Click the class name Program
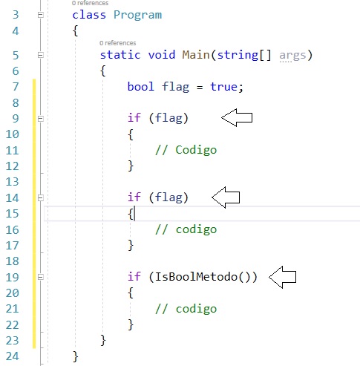click(x=137, y=16)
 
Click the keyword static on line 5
click(x=120, y=55)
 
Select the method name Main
click(x=196, y=55)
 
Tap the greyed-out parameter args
click(x=292, y=56)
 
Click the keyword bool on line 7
click(x=140, y=87)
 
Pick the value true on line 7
click(x=224, y=87)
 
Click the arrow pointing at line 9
click(x=237, y=117)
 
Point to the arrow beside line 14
click(x=226, y=197)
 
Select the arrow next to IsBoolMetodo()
click(x=282, y=277)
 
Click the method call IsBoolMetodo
click(x=196, y=277)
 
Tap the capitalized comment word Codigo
click(x=196, y=150)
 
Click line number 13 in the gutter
click(x=12, y=182)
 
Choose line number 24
click(x=12, y=356)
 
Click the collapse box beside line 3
click(x=41, y=15)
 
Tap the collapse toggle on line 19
click(x=41, y=277)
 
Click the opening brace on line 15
click(x=131, y=214)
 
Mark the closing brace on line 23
click(x=103, y=340)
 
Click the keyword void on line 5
click(x=162, y=55)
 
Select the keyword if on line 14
click(x=134, y=197)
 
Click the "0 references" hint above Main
click(x=118, y=43)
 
